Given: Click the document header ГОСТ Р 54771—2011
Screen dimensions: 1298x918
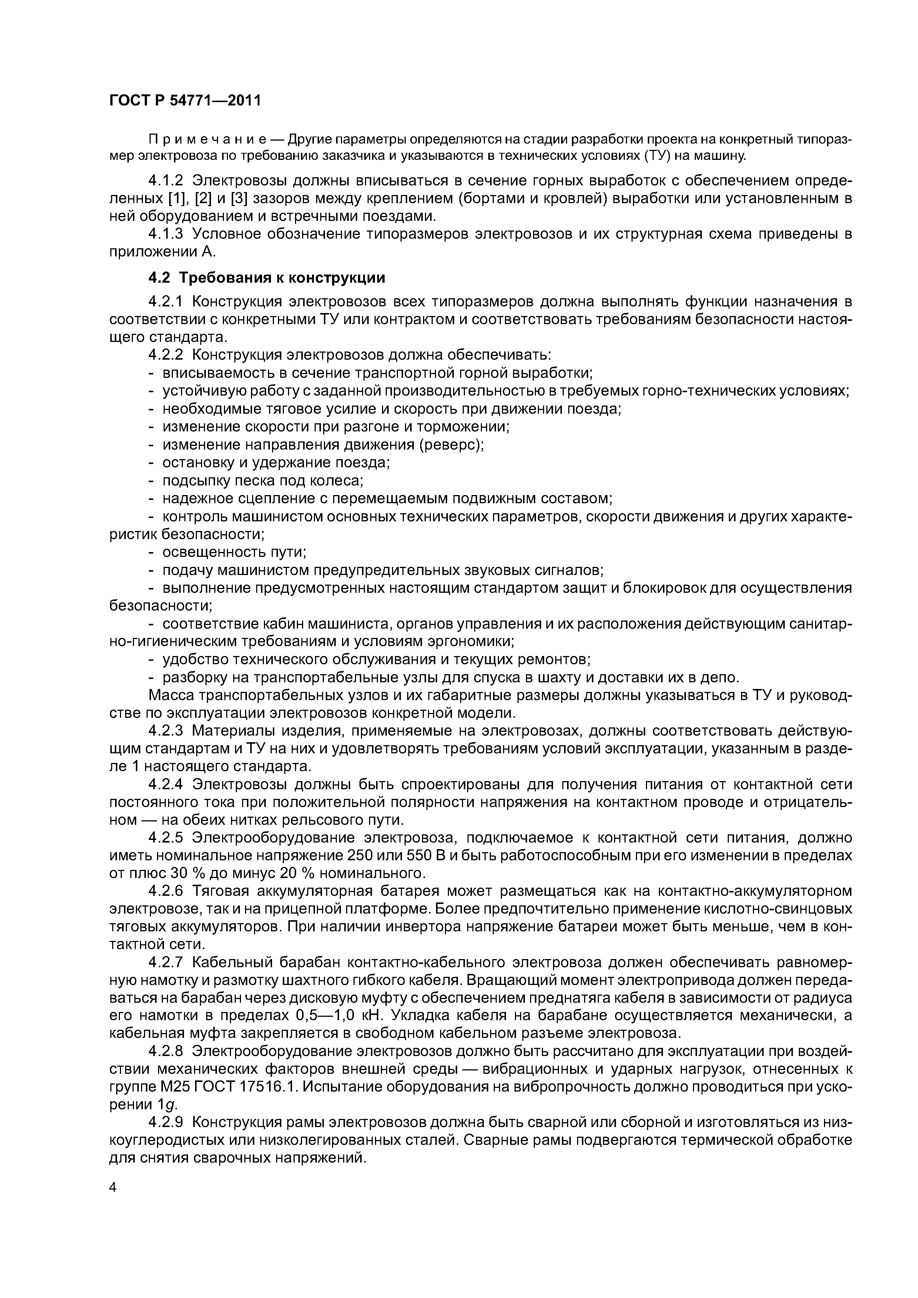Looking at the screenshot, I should pyautogui.click(x=185, y=101).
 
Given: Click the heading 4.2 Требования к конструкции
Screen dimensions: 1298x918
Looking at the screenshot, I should pyautogui.click(x=267, y=278).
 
